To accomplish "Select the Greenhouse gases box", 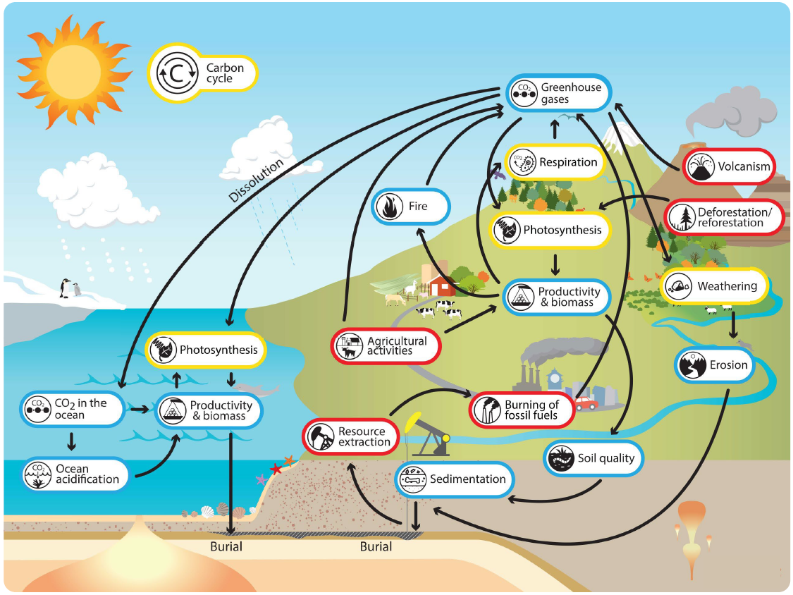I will pyautogui.click(x=558, y=93).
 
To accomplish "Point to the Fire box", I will pyautogui.click(x=411, y=207).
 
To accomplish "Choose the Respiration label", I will pyautogui.click(x=555, y=162).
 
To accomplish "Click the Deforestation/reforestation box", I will pyautogui.click(x=720, y=218).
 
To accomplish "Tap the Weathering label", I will pyautogui.click(x=713, y=286).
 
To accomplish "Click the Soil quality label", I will pyautogui.click(x=594, y=458).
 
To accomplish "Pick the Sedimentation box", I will pyautogui.click(x=454, y=479).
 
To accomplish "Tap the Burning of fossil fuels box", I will pyautogui.click(x=521, y=410).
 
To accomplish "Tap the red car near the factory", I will pyautogui.click(x=586, y=404).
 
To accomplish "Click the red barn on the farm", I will pyautogui.click(x=442, y=285).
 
